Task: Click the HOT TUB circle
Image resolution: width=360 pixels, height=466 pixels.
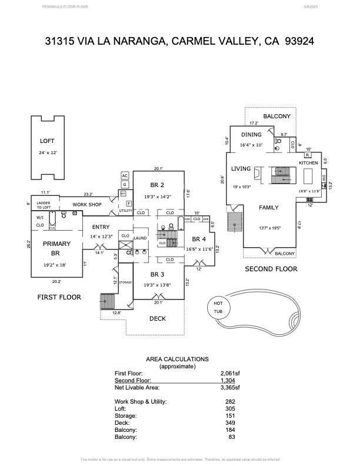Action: pyautogui.click(x=218, y=307)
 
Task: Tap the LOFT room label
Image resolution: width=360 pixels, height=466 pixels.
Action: pyautogui.click(x=47, y=141)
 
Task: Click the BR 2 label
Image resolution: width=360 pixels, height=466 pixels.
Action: pyautogui.click(x=157, y=184)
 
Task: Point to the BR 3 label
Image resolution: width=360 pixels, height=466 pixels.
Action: pyautogui.click(x=157, y=274)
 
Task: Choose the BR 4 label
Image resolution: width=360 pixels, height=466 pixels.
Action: pyautogui.click(x=199, y=239)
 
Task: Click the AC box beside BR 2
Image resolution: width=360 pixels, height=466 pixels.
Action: pyautogui.click(x=125, y=175)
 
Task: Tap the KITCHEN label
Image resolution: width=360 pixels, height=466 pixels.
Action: pyautogui.click(x=308, y=163)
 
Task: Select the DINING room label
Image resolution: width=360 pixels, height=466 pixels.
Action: pyautogui.click(x=251, y=135)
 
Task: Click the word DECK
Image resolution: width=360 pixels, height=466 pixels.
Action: pyautogui.click(x=157, y=319)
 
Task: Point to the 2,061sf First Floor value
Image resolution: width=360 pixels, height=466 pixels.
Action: pyautogui.click(x=230, y=374)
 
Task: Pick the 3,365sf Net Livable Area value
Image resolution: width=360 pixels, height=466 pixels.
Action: pyautogui.click(x=230, y=388)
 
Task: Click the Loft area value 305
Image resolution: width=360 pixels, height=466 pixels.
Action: pyautogui.click(x=230, y=408)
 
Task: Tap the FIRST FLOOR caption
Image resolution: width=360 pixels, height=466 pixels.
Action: pyautogui.click(x=59, y=297)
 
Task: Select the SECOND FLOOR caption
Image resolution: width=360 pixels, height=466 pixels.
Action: pyautogui.click(x=271, y=269)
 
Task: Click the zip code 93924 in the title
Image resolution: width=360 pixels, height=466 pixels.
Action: pyautogui.click(x=299, y=41)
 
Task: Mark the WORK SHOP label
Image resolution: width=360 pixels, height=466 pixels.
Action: pyautogui.click(x=87, y=205)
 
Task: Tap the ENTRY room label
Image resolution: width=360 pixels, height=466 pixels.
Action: pyautogui.click(x=101, y=227)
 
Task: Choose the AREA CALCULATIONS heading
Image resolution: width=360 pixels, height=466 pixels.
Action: pyautogui.click(x=177, y=359)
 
